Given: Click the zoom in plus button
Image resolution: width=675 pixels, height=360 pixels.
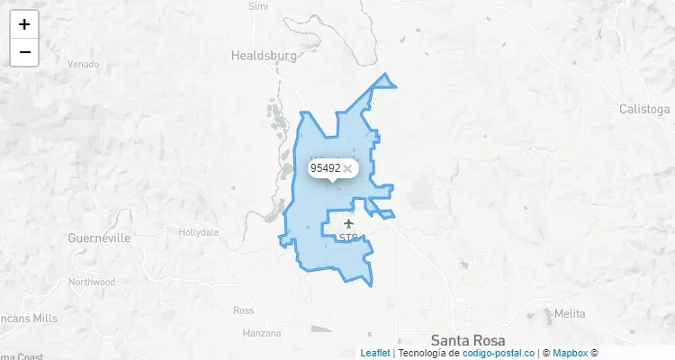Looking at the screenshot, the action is pos(24,24).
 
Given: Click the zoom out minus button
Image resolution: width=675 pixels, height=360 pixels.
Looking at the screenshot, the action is pos(24,52).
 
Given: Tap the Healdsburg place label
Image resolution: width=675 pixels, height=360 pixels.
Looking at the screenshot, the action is pos(264,55).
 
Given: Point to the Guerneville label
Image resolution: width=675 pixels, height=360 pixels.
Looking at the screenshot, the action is pos(99,238).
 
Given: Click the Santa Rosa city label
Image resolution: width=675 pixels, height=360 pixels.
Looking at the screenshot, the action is pos(468,340).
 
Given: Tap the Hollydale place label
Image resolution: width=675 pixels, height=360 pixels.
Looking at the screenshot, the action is pos(199,232).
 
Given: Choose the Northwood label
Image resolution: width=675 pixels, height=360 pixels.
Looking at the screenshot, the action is pos(92,282).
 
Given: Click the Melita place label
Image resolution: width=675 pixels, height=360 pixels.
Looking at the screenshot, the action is pos(570,314).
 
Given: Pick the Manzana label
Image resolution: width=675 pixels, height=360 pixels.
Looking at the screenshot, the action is pos(261,333).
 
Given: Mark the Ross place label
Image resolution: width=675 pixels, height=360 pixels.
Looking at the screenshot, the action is pos(243,310).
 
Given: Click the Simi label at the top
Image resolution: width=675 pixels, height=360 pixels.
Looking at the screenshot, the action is pos(258,5).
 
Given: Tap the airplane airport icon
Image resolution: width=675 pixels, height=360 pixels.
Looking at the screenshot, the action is pos(348,223).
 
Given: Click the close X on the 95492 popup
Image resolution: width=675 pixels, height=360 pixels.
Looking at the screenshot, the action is pos(347,168).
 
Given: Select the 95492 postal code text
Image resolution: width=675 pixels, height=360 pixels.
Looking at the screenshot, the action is pos(325,168).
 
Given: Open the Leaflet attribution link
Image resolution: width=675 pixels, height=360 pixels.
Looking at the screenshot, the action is pos(375,353).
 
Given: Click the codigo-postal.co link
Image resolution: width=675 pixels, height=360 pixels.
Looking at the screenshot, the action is pos(499,353).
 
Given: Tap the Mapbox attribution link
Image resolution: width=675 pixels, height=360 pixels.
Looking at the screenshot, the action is pos(570,353).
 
